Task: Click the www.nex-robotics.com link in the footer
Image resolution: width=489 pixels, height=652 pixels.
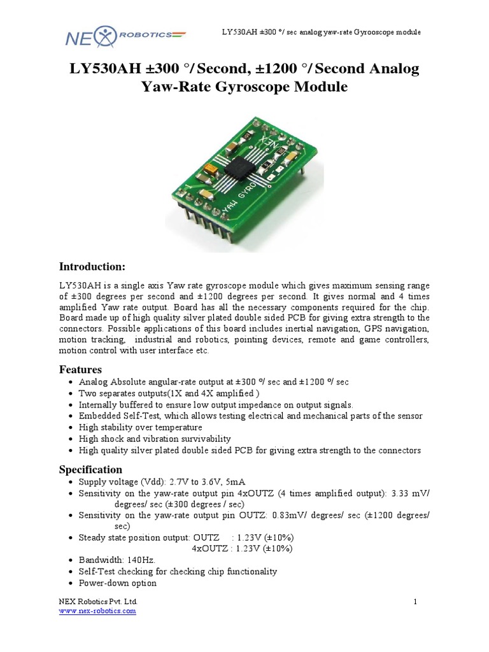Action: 97,611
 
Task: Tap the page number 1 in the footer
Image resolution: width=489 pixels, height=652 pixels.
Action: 415,602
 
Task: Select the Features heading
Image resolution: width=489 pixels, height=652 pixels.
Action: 80,369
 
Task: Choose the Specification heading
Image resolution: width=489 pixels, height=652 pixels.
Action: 90,469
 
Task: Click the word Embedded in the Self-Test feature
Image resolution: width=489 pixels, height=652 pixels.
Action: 97,416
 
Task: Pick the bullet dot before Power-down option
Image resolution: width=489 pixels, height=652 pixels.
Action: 69,583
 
